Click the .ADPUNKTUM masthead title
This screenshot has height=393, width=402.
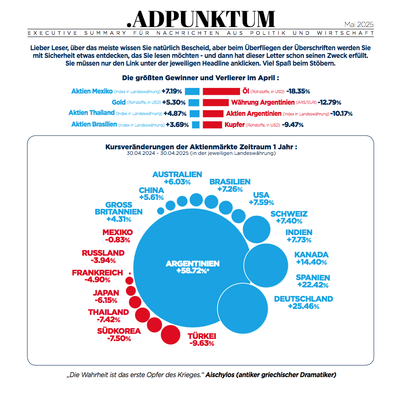201,18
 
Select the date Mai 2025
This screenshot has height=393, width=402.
359,24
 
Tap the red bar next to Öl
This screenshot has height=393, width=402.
221,91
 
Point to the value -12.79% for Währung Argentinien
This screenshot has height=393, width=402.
329,103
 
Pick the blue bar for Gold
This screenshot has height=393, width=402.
194,103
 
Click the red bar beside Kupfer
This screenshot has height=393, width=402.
212,125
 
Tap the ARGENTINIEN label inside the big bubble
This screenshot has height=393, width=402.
192,263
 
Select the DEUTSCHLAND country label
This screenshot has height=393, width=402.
303,299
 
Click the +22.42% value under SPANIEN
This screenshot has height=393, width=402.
312,285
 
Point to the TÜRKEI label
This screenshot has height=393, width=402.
202,336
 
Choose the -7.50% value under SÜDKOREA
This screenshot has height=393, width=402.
119,339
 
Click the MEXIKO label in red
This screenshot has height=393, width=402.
117,232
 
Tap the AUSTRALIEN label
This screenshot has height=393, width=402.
177,174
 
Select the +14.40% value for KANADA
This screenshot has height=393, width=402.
311,262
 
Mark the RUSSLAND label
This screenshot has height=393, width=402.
103,253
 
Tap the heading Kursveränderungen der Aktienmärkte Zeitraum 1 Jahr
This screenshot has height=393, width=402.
201,147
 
